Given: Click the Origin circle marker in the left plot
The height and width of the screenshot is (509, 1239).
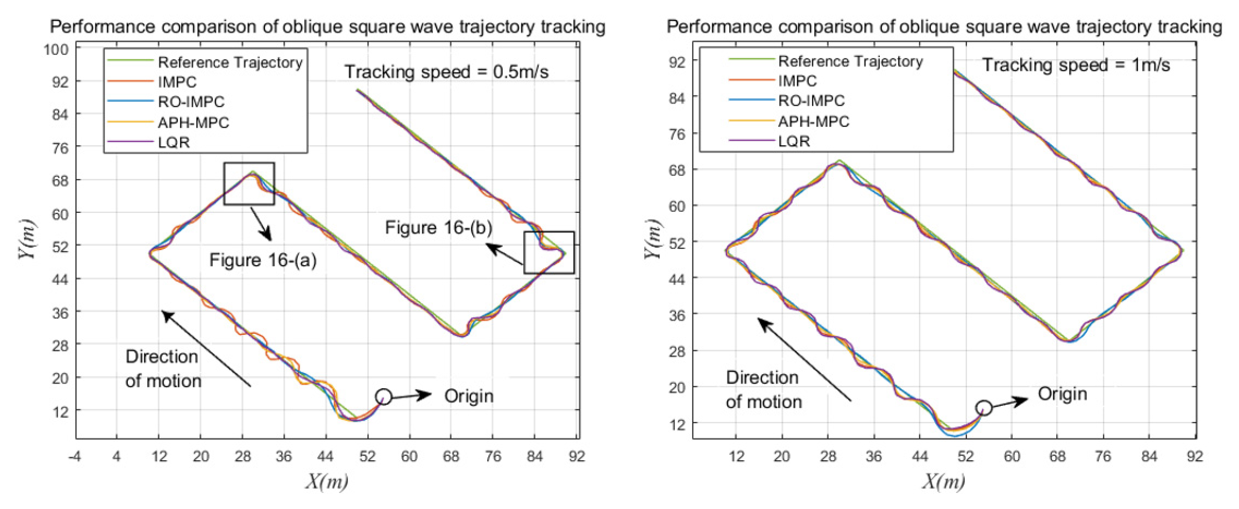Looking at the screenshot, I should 383,396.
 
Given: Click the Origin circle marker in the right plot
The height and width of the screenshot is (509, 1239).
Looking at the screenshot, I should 984,408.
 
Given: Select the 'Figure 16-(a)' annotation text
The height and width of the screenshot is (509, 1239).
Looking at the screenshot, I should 263,260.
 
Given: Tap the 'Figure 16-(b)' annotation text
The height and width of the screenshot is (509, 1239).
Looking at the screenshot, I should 439,227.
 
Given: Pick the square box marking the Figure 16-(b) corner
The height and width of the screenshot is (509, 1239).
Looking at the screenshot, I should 549,253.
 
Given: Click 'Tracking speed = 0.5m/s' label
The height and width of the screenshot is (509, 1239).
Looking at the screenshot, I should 446,72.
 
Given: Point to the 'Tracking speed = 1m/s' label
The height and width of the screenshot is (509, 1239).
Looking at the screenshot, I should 1076,64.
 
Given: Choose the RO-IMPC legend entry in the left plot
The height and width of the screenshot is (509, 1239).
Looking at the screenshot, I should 191,102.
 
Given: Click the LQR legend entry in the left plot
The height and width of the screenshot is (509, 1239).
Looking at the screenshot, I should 174,143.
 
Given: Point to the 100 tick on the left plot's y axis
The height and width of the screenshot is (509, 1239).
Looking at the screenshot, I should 56,49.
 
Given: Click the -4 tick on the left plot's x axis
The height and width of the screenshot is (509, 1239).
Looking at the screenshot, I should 75,456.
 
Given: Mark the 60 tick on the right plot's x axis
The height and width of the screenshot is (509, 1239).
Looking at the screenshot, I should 1012,456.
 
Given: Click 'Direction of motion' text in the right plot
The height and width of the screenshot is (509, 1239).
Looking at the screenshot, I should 763,389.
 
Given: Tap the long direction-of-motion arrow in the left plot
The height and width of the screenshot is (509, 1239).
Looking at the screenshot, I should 206,348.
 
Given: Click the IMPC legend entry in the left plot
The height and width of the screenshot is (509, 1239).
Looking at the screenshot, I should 177,82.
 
